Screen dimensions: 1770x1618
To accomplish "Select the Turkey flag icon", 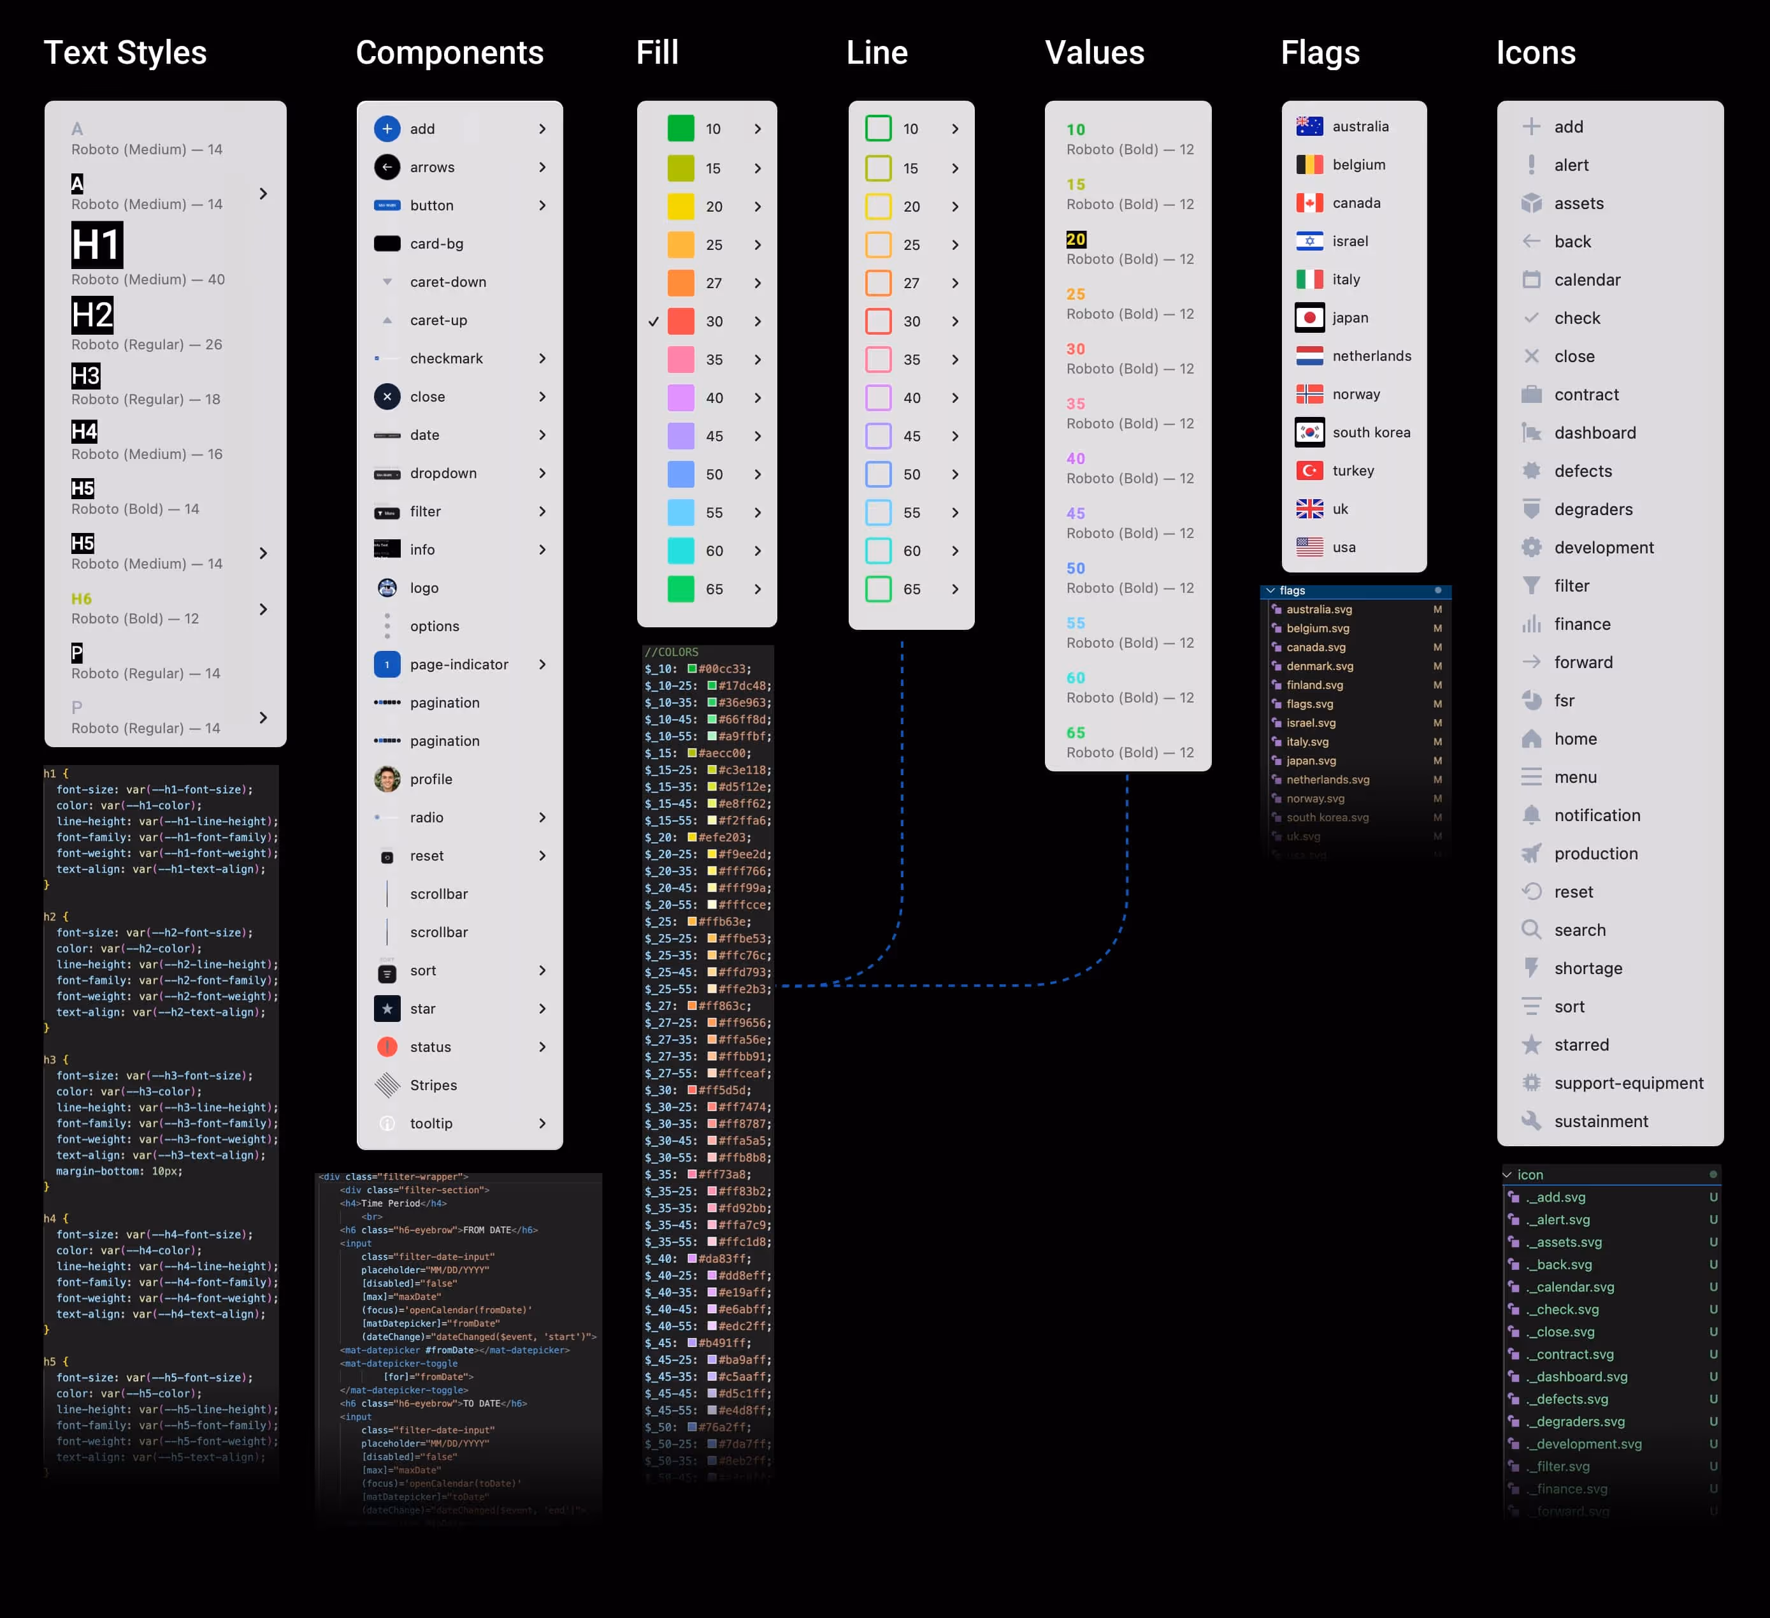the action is coord(1309,471).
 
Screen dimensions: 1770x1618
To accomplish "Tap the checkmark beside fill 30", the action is coord(653,321).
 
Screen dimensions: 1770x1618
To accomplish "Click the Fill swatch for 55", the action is coord(680,512).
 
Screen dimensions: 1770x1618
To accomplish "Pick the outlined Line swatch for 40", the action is coord(878,398).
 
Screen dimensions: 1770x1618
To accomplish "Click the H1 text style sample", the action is coord(97,244).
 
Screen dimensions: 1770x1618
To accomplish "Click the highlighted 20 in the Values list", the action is coord(1076,239).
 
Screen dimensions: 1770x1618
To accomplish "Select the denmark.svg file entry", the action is coord(1320,666).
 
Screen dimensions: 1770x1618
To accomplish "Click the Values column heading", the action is coord(1094,53).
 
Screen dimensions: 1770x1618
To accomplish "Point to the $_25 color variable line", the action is coord(698,921).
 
